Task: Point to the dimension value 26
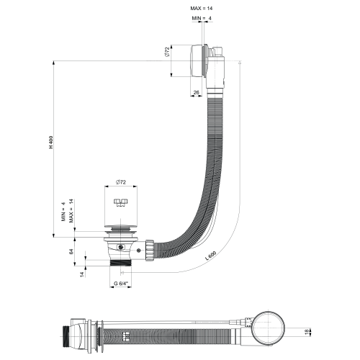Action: [197, 92]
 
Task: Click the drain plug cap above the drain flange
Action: [121, 216]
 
